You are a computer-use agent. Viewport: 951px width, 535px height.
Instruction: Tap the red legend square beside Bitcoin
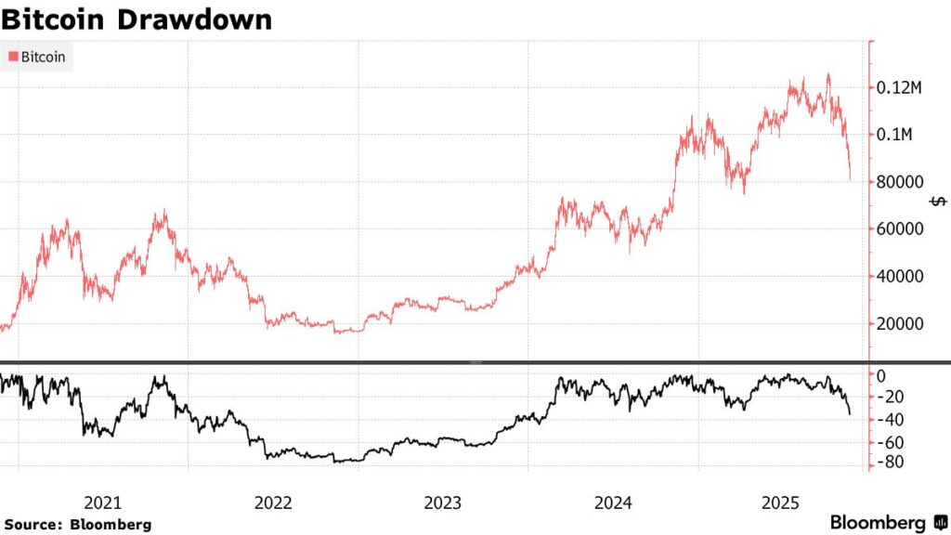click(x=13, y=58)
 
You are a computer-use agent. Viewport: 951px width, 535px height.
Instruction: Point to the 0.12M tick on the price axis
click(x=902, y=88)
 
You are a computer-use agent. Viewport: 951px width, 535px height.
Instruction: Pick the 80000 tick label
click(x=902, y=182)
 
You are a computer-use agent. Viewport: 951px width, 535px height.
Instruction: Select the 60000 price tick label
click(x=902, y=229)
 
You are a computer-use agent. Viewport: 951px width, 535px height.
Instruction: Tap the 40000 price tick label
click(x=902, y=277)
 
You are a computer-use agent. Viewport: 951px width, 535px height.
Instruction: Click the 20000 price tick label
click(x=902, y=324)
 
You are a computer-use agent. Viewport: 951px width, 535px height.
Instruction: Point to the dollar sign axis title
click(x=940, y=202)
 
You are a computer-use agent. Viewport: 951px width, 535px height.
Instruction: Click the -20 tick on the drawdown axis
click(x=892, y=398)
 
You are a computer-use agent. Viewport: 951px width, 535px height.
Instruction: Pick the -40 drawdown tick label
click(x=892, y=420)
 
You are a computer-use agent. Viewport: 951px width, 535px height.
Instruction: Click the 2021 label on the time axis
click(x=103, y=503)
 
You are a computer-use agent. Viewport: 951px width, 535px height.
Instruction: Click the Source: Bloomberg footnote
click(x=77, y=525)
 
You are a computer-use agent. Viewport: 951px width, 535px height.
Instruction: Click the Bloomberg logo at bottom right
click(x=886, y=523)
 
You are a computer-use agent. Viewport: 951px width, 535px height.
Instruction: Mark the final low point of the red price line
click(x=850, y=180)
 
